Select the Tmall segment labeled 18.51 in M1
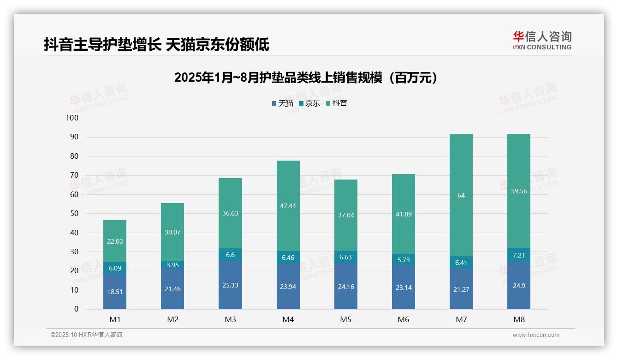tap(115, 292)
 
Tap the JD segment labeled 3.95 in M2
tap(172, 265)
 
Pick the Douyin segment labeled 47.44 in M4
tap(288, 206)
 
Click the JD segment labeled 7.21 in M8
tap(518, 255)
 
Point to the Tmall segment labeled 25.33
tap(230, 285)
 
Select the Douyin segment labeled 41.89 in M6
tap(403, 214)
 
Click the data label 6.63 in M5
tap(345, 257)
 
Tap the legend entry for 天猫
tap(283, 103)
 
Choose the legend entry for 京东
tap(309, 103)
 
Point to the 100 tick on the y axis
tap(72, 118)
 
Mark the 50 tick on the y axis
tap(74, 214)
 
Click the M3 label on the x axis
tap(230, 319)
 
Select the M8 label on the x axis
tap(518, 319)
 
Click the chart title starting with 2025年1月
tap(305, 78)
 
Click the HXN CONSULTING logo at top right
tap(542, 41)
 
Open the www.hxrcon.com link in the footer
tap(536, 335)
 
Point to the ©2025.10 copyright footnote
tap(86, 335)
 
